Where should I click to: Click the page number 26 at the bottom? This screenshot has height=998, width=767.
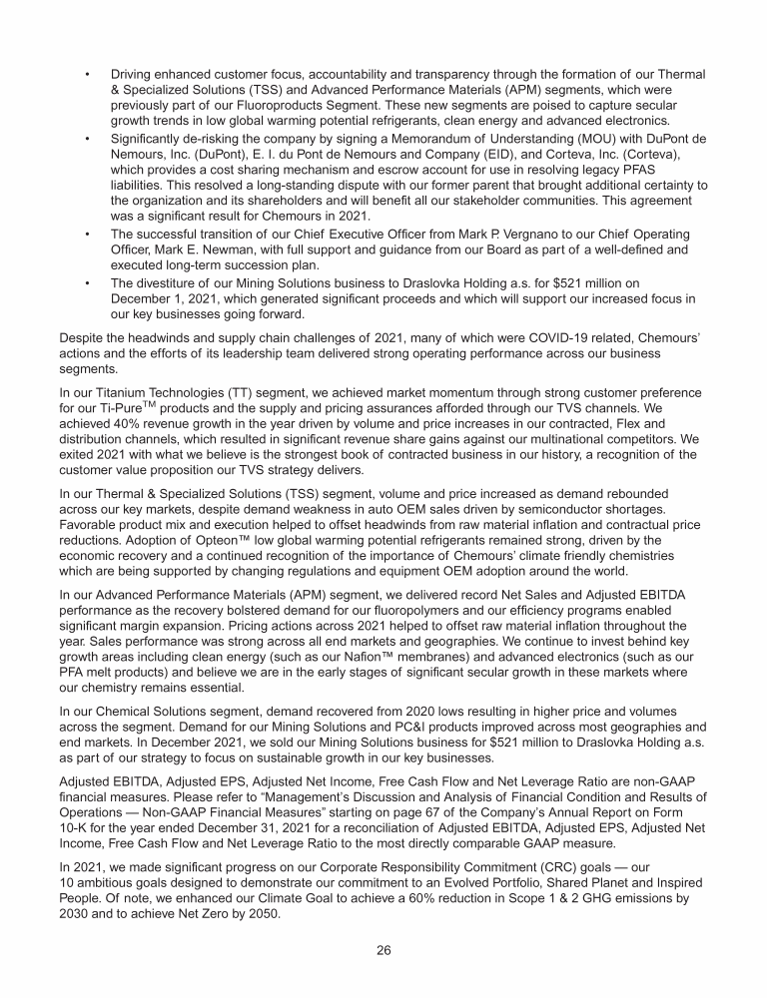(x=383, y=949)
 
